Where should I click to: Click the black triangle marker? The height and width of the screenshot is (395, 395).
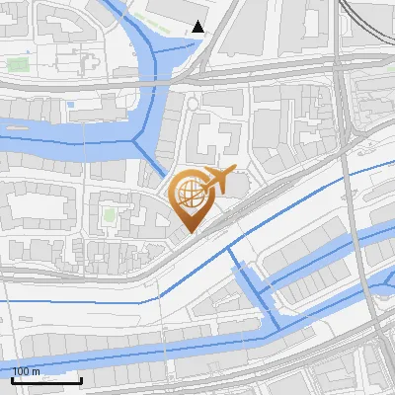coord(198,27)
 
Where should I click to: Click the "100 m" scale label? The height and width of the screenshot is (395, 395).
coord(27,371)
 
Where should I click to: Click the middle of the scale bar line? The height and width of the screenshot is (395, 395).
coord(47,380)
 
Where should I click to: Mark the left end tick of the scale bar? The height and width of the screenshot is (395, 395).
coord(14,379)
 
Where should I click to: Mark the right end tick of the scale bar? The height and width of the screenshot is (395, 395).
coord(81,379)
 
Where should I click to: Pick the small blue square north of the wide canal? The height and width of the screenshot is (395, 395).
coord(71,104)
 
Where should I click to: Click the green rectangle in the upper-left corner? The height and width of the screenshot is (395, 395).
coord(16,66)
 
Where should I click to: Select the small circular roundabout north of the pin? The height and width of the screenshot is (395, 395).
coord(193,104)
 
